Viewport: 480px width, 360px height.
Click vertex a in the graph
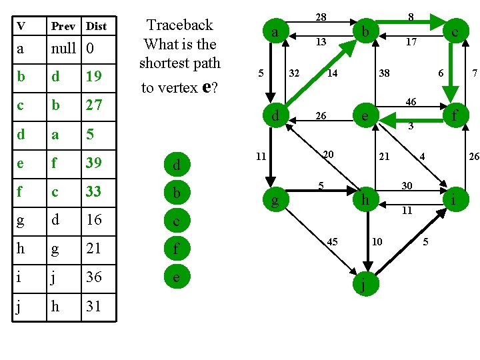[x=274, y=31]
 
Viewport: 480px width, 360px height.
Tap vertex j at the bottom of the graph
[x=363, y=285]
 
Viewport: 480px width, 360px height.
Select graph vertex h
[x=364, y=199]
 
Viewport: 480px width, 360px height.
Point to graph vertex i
[x=453, y=199]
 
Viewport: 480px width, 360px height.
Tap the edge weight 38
[x=385, y=73]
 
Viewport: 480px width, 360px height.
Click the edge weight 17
[x=411, y=42]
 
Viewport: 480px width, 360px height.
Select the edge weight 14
[x=332, y=73]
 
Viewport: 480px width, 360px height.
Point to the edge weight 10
[x=377, y=241]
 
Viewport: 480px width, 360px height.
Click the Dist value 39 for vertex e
[x=94, y=163]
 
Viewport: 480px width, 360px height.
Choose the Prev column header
[x=63, y=26]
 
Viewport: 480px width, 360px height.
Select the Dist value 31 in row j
[x=94, y=306]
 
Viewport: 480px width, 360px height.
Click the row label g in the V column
[x=21, y=220]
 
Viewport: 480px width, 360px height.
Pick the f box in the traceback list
[x=176, y=249]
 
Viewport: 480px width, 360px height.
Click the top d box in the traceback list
[x=176, y=163]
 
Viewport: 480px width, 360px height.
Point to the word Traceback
[x=179, y=25]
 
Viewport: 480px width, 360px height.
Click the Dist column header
[x=96, y=26]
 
